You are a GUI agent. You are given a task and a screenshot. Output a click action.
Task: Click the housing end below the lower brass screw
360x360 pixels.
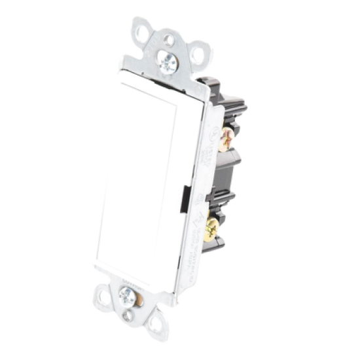coord(209,252)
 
